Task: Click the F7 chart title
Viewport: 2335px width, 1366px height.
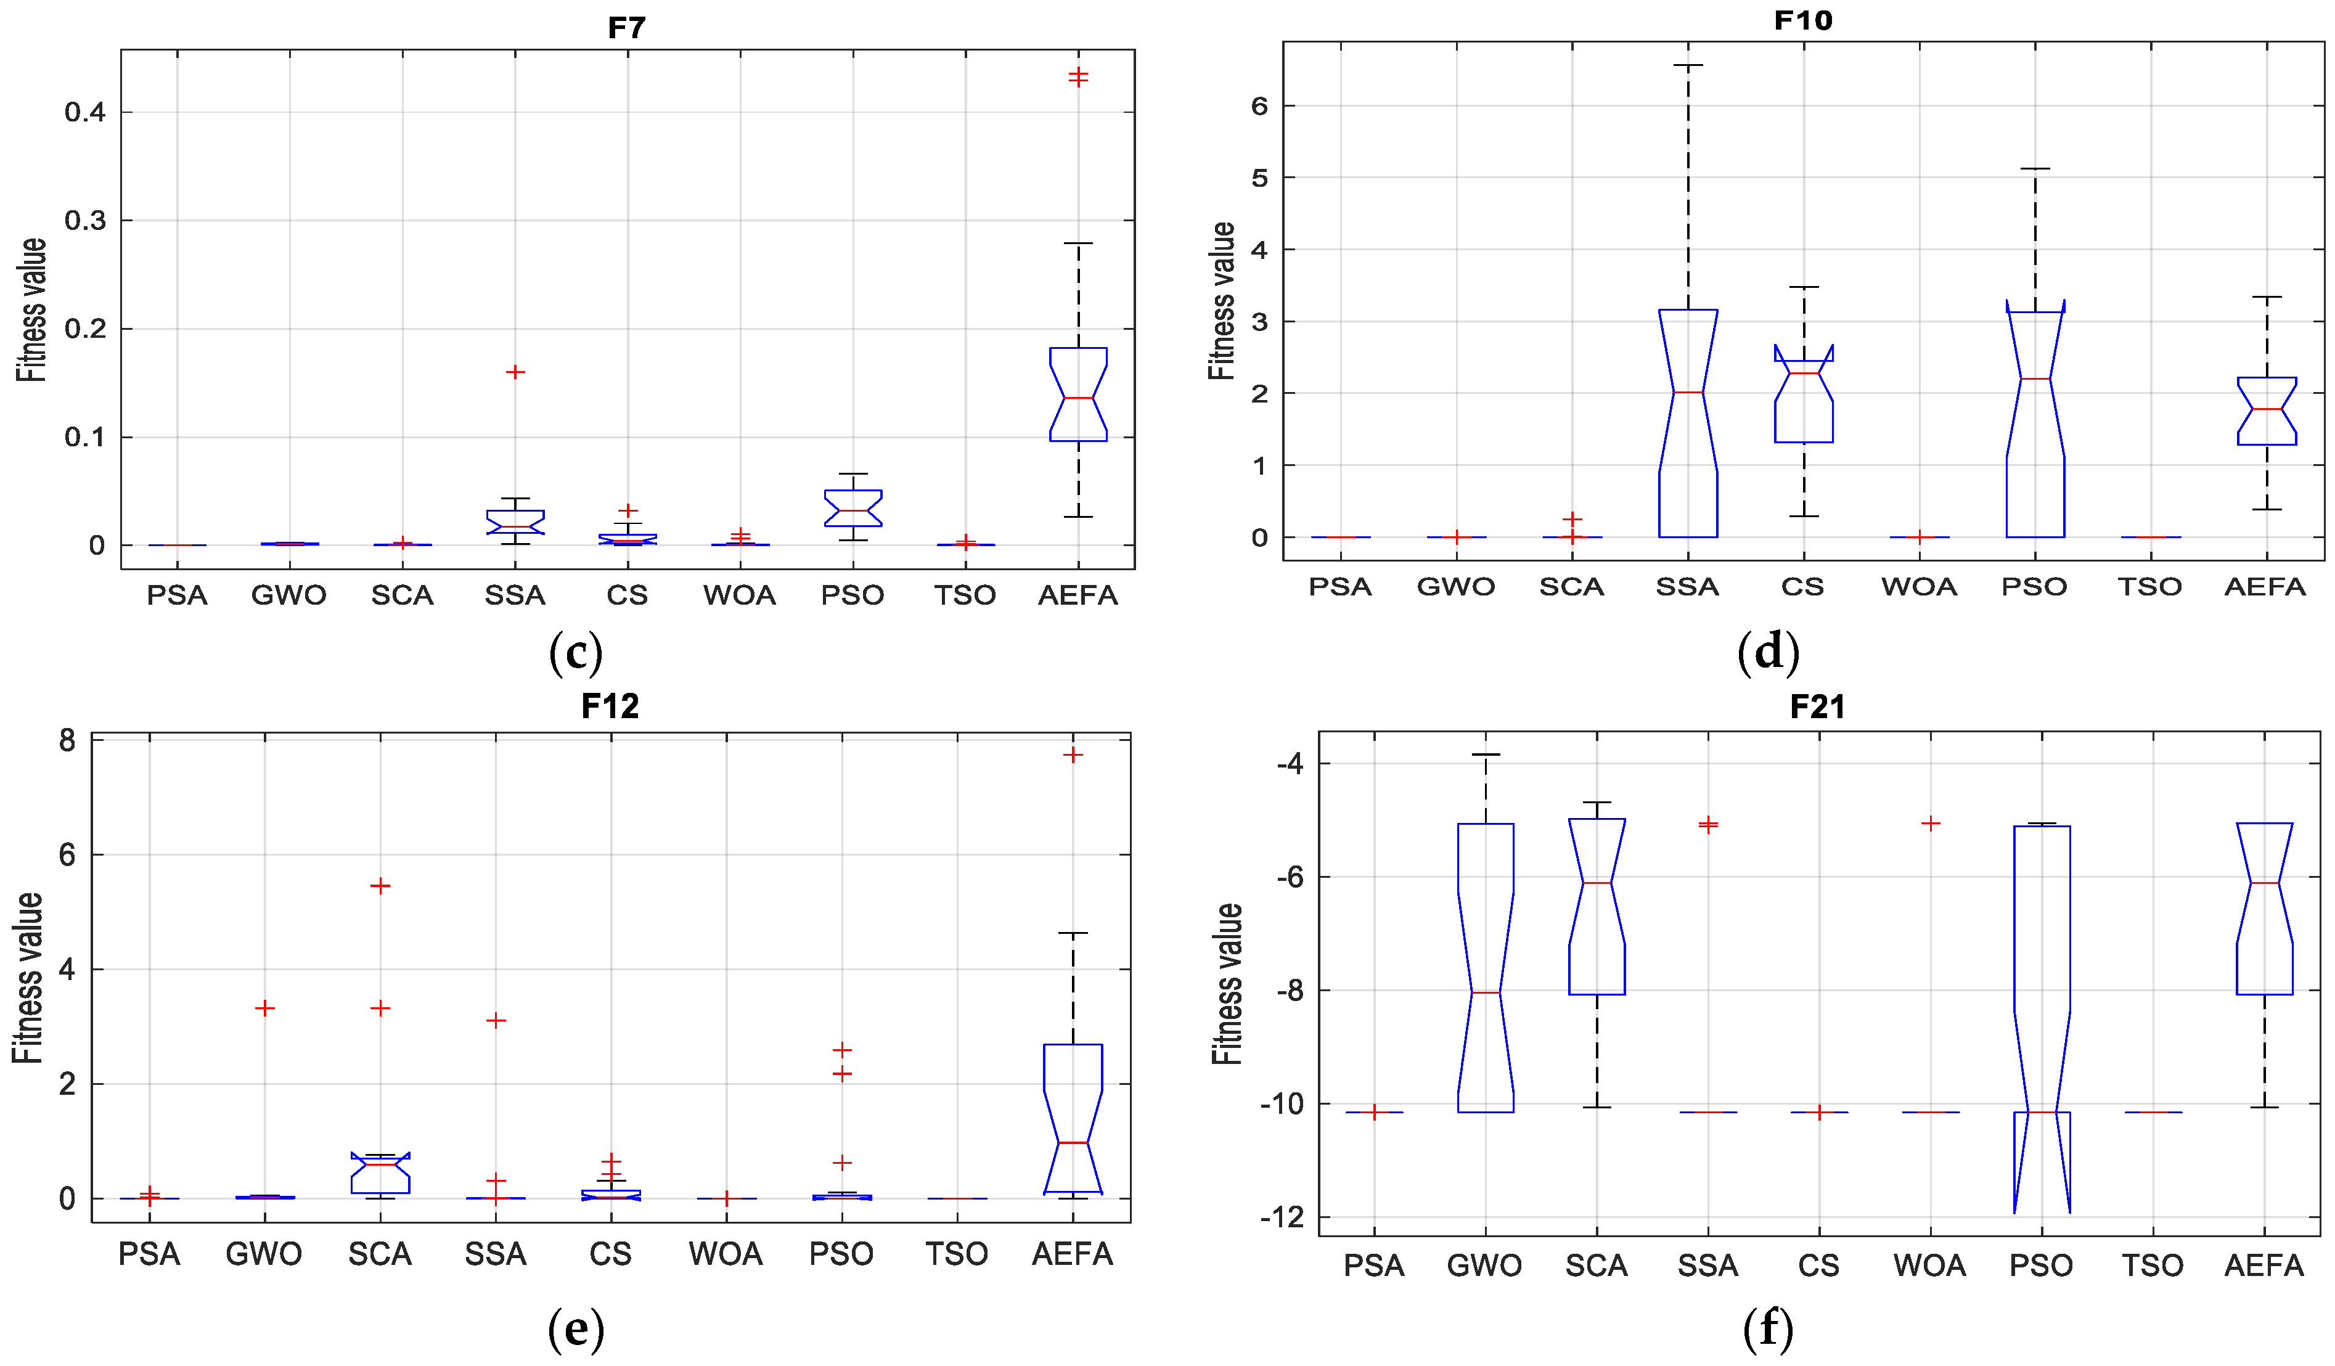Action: pos(626,28)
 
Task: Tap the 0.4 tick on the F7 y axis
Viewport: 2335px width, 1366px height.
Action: pos(84,112)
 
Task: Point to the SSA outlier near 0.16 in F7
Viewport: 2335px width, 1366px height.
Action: pos(515,372)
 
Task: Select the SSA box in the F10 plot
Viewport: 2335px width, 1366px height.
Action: pos(1687,423)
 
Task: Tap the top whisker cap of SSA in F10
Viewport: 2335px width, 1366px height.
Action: pos(1687,66)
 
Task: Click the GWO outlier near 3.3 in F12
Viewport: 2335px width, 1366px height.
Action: pos(265,1008)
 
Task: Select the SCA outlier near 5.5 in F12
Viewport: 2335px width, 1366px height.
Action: pos(380,886)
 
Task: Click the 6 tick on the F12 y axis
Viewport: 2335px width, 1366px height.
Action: pos(67,854)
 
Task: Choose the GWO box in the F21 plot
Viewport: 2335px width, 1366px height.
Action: pos(1486,968)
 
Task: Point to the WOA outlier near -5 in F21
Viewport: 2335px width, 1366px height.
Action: pos(1930,823)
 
